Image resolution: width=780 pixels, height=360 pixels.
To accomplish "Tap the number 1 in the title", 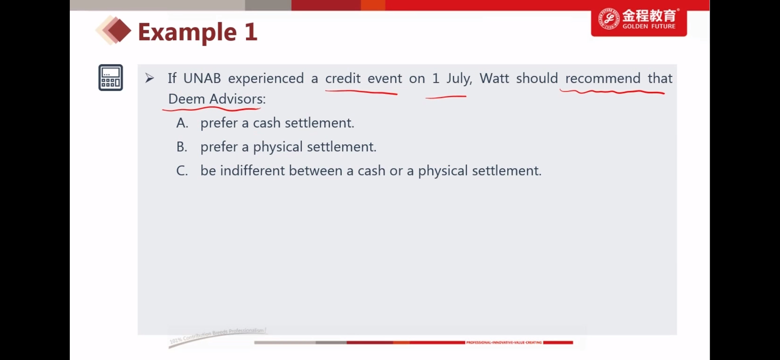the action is point(251,32).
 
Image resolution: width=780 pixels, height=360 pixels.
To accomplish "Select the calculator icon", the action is point(110,78).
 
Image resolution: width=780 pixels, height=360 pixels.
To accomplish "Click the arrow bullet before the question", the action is point(150,78).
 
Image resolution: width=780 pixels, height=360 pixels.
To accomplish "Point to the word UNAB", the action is point(202,78).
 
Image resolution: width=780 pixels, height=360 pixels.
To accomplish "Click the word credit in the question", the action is point(343,78).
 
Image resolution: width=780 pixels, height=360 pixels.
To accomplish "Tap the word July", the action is point(459,79).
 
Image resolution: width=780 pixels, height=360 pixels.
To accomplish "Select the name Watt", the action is point(494,78).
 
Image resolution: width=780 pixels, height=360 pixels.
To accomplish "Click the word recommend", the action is point(603,78).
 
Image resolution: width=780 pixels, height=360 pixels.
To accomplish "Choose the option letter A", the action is point(182,123).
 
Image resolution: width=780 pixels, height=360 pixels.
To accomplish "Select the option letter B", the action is point(182,147).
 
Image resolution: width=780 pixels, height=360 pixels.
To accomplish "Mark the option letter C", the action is point(182,171).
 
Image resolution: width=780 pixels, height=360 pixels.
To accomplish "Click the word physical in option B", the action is point(278,148).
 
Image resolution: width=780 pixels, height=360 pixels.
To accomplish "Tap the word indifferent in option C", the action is point(252,171).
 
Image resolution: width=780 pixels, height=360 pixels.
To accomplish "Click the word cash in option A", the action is point(267,123).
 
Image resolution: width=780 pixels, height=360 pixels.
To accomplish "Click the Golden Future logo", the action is point(639,20).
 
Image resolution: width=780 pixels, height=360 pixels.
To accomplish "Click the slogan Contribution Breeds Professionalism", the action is point(218,334).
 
